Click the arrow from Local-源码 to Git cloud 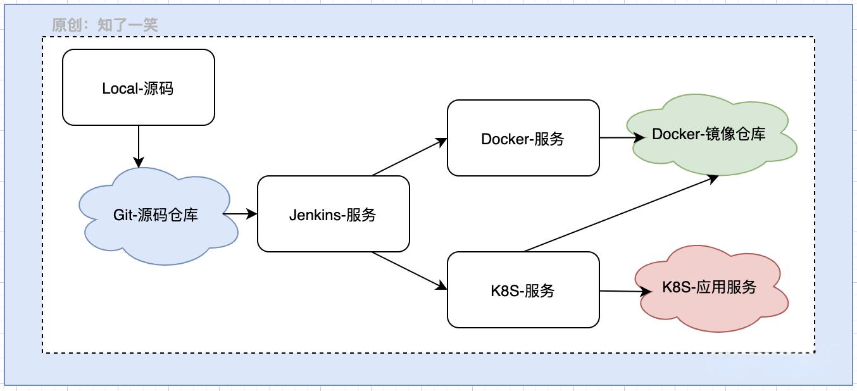[x=138, y=146]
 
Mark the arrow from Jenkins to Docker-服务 [x=410, y=157]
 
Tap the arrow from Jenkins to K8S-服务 [x=410, y=271]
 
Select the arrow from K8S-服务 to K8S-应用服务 [x=623, y=291]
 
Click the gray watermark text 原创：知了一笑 [x=104, y=25]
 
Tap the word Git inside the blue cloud [x=122, y=215]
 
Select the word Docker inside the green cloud [x=675, y=134]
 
